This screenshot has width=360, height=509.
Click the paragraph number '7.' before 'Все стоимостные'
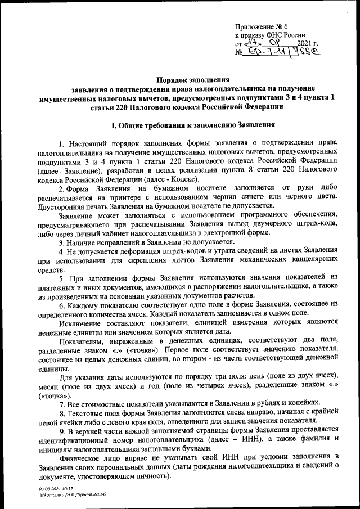(62, 402)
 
